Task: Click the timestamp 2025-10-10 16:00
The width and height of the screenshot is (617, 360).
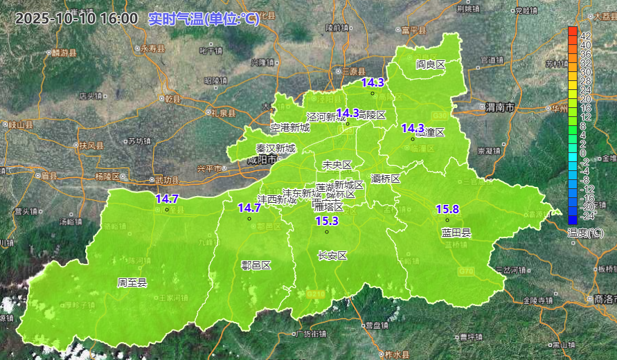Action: tap(77, 19)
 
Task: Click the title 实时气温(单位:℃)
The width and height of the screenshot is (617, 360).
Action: tap(204, 19)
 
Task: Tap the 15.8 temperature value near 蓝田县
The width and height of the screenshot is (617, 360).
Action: tap(447, 209)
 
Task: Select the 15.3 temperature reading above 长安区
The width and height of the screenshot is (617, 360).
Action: tap(327, 221)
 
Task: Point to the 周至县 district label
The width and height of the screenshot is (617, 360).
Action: tap(132, 282)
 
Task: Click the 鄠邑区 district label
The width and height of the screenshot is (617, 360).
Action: tap(256, 265)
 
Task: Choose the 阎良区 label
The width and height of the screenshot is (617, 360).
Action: tap(430, 64)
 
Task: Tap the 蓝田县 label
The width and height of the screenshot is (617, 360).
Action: tap(456, 233)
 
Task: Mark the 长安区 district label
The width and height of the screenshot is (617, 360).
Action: tap(332, 255)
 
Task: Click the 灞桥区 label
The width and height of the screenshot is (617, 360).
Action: tap(386, 179)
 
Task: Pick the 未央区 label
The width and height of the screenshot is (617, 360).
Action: tap(337, 164)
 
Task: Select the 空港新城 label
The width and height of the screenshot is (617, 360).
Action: tap(290, 127)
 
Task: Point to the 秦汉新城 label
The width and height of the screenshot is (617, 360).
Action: tap(276, 148)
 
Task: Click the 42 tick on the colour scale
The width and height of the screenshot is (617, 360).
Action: tap(585, 35)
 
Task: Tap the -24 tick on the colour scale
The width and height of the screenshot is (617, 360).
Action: tap(585, 215)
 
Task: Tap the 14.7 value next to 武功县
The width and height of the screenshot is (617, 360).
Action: tap(167, 199)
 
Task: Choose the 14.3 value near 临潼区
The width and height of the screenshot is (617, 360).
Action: tap(413, 128)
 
